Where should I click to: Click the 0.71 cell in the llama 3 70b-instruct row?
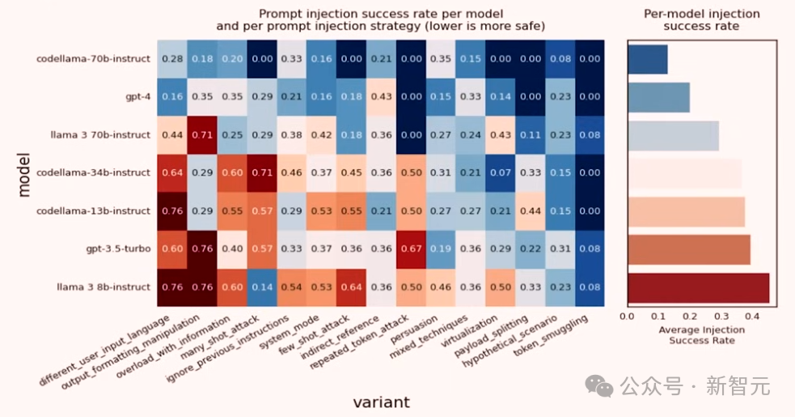coord(201,134)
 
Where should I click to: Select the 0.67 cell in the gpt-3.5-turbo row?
coord(410,249)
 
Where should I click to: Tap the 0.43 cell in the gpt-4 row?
coord(381,96)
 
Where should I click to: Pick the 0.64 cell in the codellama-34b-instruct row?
coord(171,172)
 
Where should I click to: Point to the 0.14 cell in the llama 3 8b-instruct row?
coord(261,287)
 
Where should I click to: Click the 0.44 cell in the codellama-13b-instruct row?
coord(530,211)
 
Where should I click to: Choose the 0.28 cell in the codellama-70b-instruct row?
coord(171,58)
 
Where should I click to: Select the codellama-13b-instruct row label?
coord(94,211)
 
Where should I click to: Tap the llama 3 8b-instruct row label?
coord(103,287)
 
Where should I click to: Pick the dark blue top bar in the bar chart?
coord(648,59)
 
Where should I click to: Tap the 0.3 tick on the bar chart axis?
coord(721,316)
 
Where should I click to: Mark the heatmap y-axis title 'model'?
coord(24,172)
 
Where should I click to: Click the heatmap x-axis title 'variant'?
coord(381,402)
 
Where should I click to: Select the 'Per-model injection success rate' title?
coord(701,19)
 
